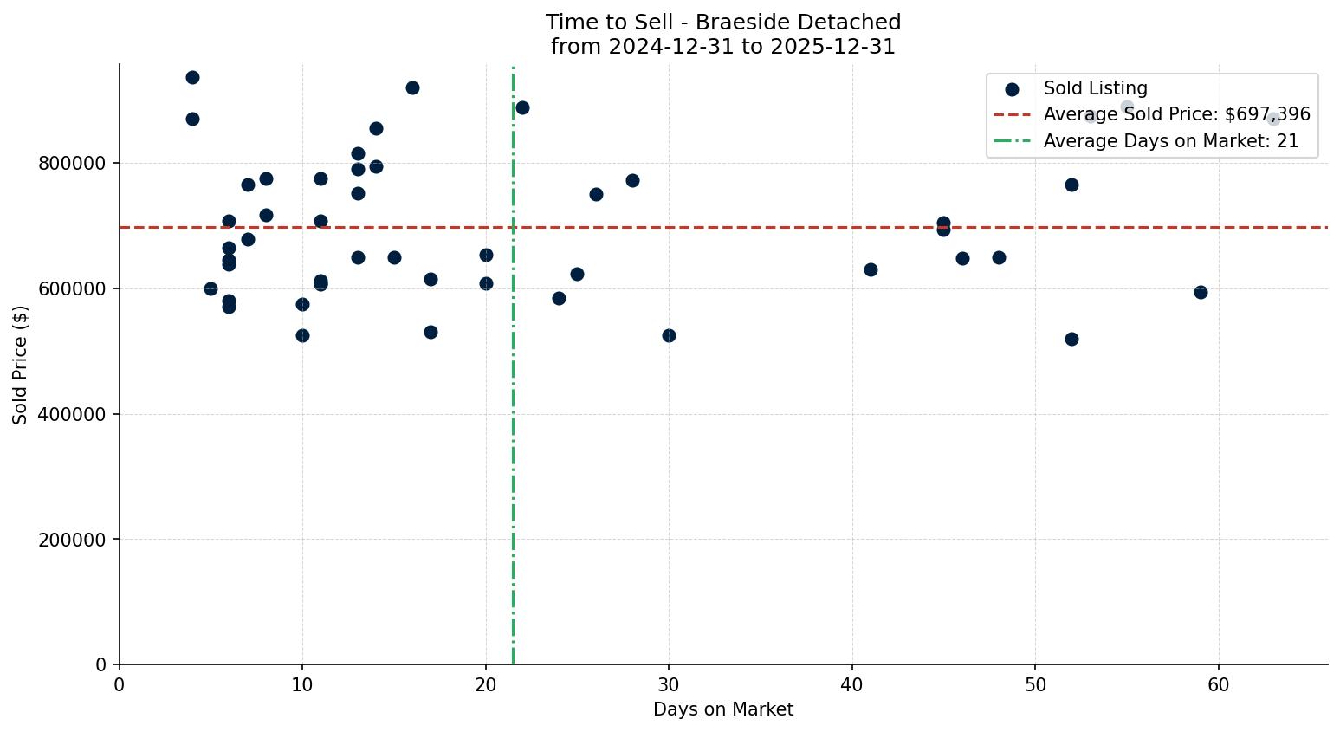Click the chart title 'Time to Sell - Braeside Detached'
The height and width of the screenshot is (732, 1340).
pos(722,23)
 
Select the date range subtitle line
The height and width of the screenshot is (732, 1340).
pos(722,47)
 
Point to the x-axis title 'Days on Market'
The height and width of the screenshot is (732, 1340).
pos(722,709)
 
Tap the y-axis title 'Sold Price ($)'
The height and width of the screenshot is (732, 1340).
pos(21,365)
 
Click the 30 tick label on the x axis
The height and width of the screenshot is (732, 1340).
pos(669,684)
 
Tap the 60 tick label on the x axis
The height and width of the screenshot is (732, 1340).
pos(1218,684)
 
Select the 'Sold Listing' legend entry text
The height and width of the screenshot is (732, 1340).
pos(1095,88)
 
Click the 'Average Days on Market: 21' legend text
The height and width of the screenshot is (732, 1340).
pos(1170,141)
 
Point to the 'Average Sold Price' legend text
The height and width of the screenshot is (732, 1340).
pos(1176,114)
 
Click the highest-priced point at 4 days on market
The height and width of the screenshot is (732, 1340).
pos(192,78)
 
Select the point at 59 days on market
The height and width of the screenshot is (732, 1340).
pos(1201,292)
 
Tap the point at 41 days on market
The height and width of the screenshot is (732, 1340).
pos(871,269)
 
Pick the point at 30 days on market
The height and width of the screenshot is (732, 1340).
pos(669,335)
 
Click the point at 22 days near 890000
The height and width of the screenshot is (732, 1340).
pos(522,107)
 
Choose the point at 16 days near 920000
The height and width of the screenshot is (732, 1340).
pos(412,87)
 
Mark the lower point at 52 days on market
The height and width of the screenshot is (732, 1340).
pos(1071,339)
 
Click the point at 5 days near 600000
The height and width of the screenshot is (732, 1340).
pos(210,288)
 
